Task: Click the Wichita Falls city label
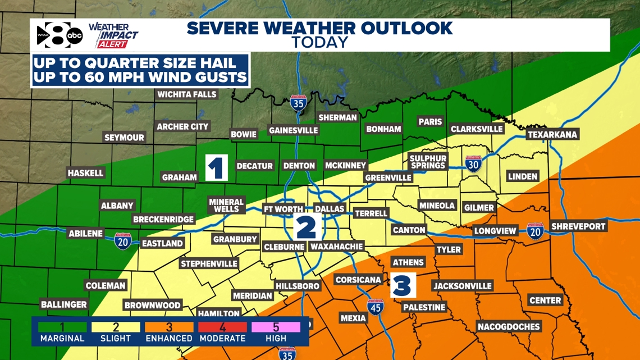pyautogui.click(x=187, y=94)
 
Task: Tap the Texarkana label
pyautogui.click(x=552, y=135)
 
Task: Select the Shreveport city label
pyautogui.click(x=578, y=226)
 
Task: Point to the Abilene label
pyautogui.click(x=86, y=234)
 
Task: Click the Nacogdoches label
pyautogui.click(x=509, y=326)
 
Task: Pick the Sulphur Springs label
pyautogui.click(x=428, y=162)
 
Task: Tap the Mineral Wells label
pyautogui.click(x=226, y=205)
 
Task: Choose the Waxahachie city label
pyautogui.click(x=337, y=247)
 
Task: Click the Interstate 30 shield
pyautogui.click(x=473, y=163)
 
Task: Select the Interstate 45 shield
pyautogui.click(x=376, y=307)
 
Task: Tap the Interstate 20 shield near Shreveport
pyautogui.click(x=535, y=231)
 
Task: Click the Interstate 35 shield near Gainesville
pyautogui.click(x=298, y=103)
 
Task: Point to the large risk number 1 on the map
pyautogui.click(x=217, y=167)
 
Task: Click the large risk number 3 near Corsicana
pyautogui.click(x=403, y=285)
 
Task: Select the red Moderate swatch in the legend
pyautogui.click(x=223, y=327)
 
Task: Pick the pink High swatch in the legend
pyautogui.click(x=276, y=327)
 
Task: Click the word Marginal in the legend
pyautogui.click(x=62, y=339)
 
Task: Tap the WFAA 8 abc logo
pyautogui.click(x=60, y=35)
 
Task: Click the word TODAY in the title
pyautogui.click(x=319, y=42)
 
